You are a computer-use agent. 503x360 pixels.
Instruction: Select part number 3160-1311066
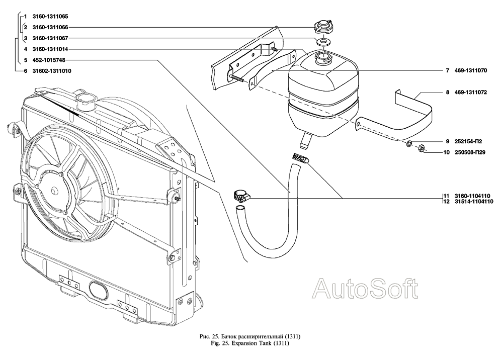(x=49, y=28)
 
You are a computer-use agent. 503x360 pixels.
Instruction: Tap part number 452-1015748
(x=48, y=60)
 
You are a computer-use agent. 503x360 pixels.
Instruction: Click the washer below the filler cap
(x=323, y=40)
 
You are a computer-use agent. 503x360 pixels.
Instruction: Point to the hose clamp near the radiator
(x=240, y=197)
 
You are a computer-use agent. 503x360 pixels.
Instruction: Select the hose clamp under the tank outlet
(x=300, y=159)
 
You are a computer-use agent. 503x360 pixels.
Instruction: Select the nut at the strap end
(x=422, y=148)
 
